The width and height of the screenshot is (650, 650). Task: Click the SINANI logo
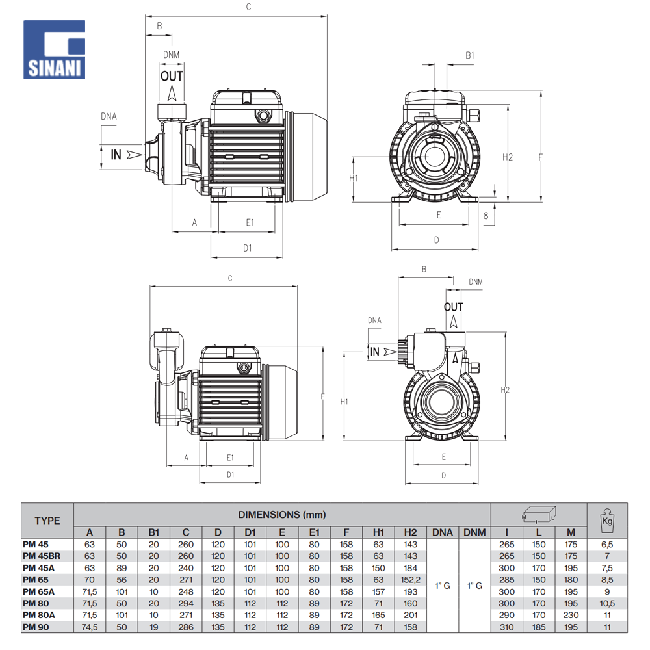point(54,49)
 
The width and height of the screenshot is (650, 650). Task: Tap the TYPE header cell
point(47,520)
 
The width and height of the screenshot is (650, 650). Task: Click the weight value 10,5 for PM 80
point(607,603)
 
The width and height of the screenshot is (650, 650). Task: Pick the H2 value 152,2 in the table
point(410,580)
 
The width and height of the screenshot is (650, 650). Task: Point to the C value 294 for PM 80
point(186,603)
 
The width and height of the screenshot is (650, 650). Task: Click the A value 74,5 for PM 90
point(90,627)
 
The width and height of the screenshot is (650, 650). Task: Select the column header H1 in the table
point(378,532)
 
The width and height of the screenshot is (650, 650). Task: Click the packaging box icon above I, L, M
point(539,515)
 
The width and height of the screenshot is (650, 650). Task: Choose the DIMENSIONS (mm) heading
point(281,515)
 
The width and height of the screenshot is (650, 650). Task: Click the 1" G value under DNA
point(442,586)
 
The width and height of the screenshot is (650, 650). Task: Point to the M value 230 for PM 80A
point(571,615)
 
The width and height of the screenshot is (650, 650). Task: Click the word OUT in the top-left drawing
point(172,76)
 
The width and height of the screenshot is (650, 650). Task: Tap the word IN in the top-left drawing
point(116,155)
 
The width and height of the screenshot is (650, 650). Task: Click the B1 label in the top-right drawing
point(470,56)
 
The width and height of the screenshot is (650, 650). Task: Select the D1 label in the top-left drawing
point(247,248)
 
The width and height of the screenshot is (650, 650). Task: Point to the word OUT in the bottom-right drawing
point(454,307)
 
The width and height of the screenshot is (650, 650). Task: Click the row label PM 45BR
point(41,556)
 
